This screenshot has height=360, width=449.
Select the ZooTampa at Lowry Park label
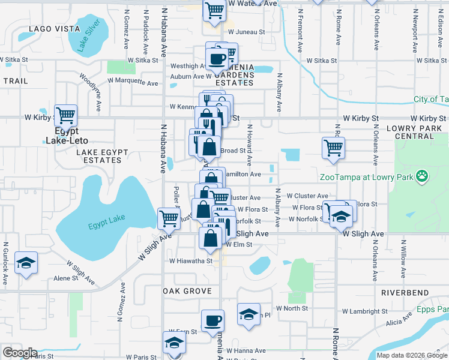pos(367,177)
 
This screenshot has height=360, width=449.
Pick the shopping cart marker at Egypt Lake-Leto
pos(65,114)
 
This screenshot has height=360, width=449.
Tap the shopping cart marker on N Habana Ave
pos(169,218)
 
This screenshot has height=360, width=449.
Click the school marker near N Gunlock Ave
pos(26,263)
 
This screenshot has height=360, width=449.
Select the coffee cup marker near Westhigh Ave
pos(217,59)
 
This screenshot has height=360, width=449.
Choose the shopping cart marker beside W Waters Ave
pos(214,9)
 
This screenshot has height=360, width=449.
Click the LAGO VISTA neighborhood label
pos(53,29)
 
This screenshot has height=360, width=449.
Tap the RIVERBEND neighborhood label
pos(405,293)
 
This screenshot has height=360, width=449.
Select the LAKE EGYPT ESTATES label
pos(98,157)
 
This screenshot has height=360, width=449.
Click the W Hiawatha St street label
pos(191,261)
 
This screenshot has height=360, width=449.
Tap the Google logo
pos(19,353)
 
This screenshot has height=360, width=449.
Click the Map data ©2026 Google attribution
pos(411,355)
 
